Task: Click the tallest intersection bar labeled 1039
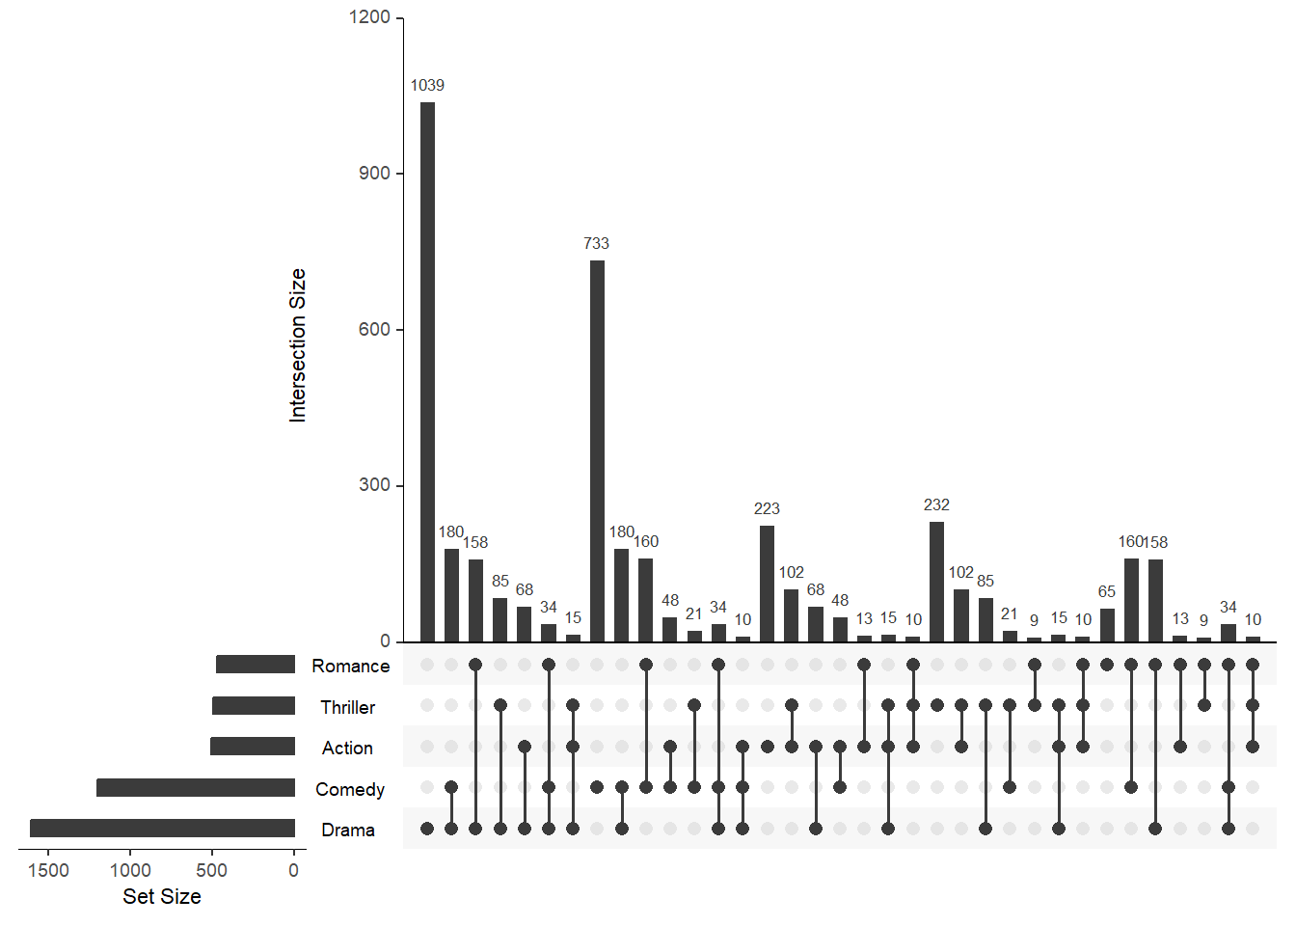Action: tap(427, 371)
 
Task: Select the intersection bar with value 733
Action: tap(597, 450)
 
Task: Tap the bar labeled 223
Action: tap(767, 584)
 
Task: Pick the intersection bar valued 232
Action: tap(936, 582)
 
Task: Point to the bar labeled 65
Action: tap(1107, 625)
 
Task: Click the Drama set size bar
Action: tap(162, 829)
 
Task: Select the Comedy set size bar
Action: tap(196, 788)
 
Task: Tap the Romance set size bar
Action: tap(256, 665)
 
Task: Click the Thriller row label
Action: tap(348, 707)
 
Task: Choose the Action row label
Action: tap(347, 748)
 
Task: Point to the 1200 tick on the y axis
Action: tap(369, 17)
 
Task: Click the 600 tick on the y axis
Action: tap(374, 329)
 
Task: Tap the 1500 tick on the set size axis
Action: tap(48, 870)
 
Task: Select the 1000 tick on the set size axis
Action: tap(130, 870)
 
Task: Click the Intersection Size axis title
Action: tap(297, 345)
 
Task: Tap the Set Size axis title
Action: tap(162, 896)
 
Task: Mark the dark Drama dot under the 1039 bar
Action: tap(427, 829)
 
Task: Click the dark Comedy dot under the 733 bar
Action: tap(597, 787)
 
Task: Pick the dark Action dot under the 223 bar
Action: tap(767, 747)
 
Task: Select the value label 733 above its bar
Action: tap(597, 243)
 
